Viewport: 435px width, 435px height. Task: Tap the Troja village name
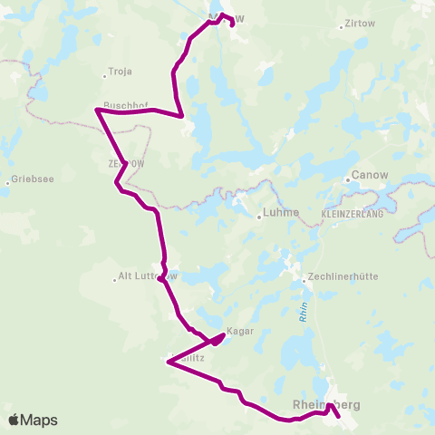(x=121, y=71)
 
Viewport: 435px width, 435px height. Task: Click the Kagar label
(x=239, y=332)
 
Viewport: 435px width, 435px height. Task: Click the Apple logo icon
(x=14, y=420)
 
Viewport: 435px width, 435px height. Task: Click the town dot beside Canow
(x=348, y=179)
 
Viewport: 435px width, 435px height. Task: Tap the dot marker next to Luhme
(x=258, y=215)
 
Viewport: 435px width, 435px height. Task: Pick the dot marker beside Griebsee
(x=8, y=180)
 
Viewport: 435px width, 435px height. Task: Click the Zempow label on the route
(x=125, y=164)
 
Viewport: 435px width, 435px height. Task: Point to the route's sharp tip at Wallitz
(x=168, y=362)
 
